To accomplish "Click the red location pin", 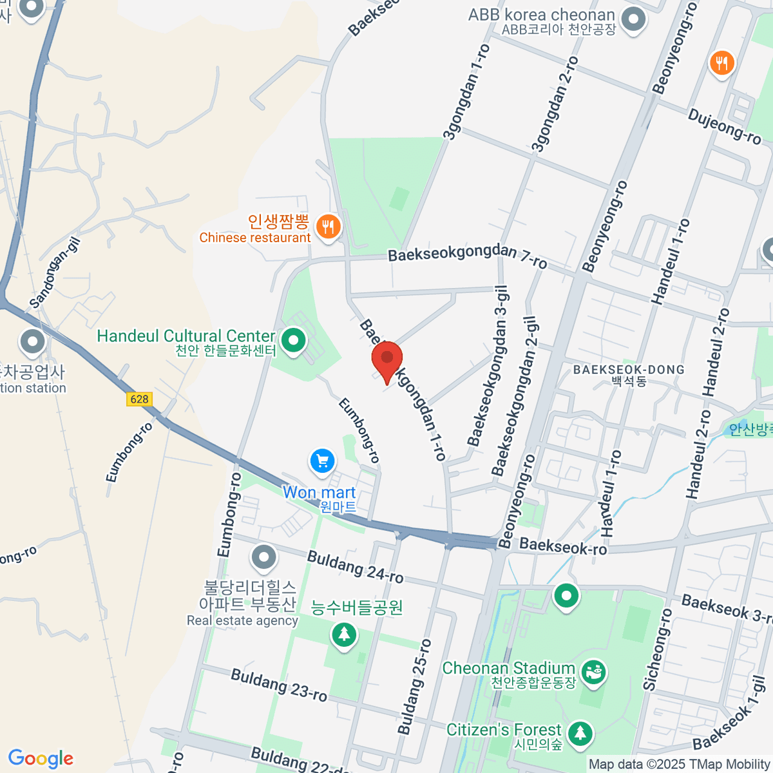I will tap(387, 359).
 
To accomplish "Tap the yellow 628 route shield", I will tap(139, 399).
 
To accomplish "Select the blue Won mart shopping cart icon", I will tap(323, 461).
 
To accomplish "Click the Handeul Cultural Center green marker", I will tap(293, 339).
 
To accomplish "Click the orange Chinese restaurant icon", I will tap(329, 226).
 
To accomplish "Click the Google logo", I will tap(41, 758).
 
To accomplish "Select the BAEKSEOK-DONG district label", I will tap(629, 370).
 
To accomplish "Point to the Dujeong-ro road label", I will tap(724, 126).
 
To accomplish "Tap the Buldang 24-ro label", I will tap(356, 566).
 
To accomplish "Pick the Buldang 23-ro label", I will tap(279, 684).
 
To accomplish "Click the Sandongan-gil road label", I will tap(55, 272).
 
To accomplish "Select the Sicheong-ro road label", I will tap(658, 649).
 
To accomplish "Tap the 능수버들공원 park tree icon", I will tap(343, 635).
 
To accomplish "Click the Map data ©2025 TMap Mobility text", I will tap(680, 764).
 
